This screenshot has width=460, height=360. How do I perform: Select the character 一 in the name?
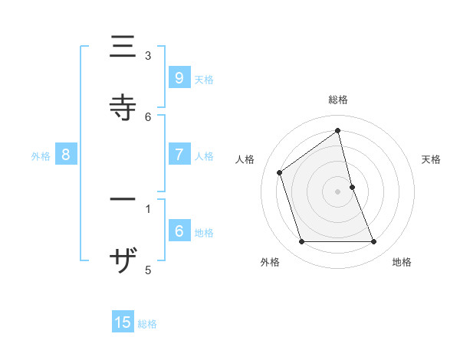pyautogui.click(x=123, y=200)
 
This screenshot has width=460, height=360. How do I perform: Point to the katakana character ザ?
pyautogui.click(x=123, y=263)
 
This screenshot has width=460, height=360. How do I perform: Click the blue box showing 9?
pyautogui.click(x=179, y=77)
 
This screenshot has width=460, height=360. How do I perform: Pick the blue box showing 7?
pyautogui.click(x=179, y=155)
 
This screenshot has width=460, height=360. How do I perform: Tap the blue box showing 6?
pyautogui.click(x=179, y=231)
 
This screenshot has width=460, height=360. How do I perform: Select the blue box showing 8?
pyautogui.click(x=66, y=155)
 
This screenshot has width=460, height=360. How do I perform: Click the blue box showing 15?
pyautogui.click(x=123, y=322)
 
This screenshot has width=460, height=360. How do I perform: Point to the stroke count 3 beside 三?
pyautogui.click(x=148, y=56)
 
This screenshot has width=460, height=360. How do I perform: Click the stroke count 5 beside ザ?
pyautogui.click(x=148, y=270)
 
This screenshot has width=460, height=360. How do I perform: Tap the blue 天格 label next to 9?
pyautogui.click(x=204, y=79)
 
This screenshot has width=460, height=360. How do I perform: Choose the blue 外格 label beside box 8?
pyautogui.click(x=41, y=156)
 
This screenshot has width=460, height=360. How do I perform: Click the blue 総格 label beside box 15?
pyautogui.click(x=147, y=324)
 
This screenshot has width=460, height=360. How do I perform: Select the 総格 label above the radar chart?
pyautogui.click(x=338, y=100)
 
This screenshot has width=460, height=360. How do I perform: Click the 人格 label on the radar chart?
pyautogui.click(x=245, y=159)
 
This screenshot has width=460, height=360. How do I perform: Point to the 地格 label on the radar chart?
pyautogui.click(x=402, y=262)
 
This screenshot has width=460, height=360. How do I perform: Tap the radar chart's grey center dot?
pyautogui.click(x=338, y=191)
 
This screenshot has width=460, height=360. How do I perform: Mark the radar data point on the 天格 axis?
pyautogui.click(x=352, y=186)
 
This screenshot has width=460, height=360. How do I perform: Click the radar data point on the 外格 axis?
pyautogui.click(x=301, y=242)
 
